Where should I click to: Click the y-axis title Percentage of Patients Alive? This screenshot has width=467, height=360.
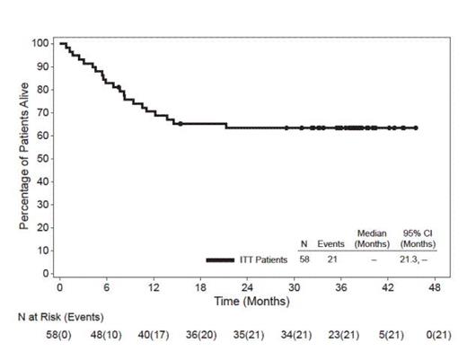pyautogui.click(x=25, y=157)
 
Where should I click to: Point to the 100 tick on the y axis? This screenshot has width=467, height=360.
pyautogui.click(x=40, y=43)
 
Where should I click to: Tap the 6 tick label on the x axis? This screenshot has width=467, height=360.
pyautogui.click(x=107, y=288)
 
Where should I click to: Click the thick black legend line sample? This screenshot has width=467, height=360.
pyautogui.click(x=233, y=259)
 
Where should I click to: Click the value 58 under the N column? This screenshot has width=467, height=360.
pyautogui.click(x=304, y=259)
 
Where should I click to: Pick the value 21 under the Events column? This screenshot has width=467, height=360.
pyautogui.click(x=332, y=259)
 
